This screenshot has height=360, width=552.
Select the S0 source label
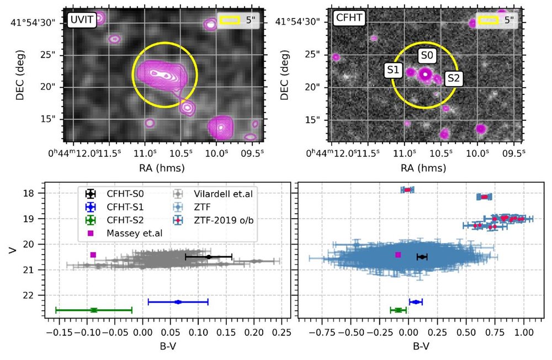click(428, 56)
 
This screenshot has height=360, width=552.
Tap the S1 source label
click(393, 70)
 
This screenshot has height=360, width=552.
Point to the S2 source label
click(453, 78)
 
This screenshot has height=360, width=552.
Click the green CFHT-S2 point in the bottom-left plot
click(94, 310)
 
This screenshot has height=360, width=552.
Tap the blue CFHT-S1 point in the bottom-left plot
click(178, 301)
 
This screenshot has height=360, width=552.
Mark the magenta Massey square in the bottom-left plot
click(93, 255)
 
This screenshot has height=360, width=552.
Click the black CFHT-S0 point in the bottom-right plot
click(422, 257)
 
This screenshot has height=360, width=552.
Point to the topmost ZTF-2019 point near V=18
click(407, 190)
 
